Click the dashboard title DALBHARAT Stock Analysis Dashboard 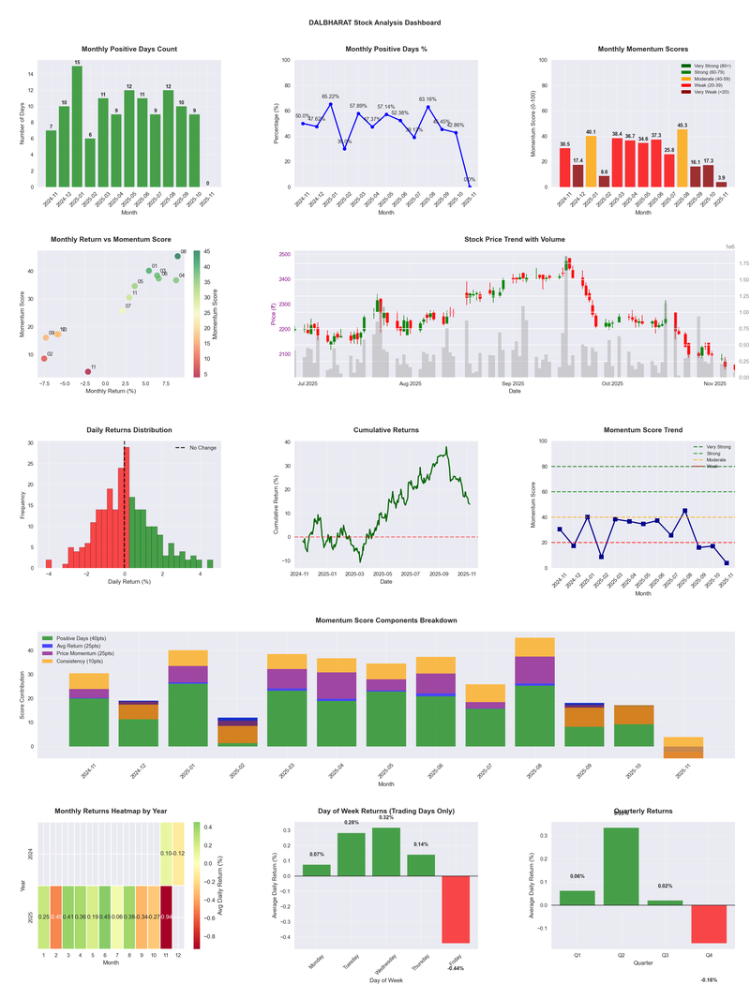[x=375, y=22]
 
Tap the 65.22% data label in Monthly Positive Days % [x=331, y=97]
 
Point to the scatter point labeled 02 [x=43, y=358]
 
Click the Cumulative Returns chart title [x=386, y=430]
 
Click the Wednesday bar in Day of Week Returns [x=386, y=852]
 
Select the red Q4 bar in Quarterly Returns [x=709, y=924]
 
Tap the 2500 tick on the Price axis [x=284, y=254]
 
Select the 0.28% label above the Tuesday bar [x=351, y=822]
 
